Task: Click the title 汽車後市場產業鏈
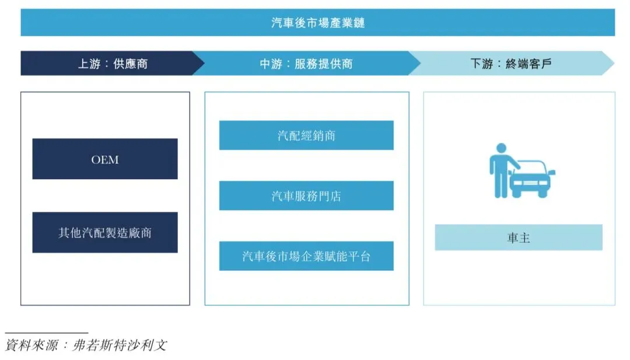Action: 318,23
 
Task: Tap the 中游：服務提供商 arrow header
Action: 306,64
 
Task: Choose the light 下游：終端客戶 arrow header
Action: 511,64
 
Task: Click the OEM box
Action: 105,159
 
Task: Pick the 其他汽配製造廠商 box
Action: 105,232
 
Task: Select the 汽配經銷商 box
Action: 306,135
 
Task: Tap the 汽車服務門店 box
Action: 306,195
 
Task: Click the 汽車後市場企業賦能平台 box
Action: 306,256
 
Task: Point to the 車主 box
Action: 519,237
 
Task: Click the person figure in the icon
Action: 499,172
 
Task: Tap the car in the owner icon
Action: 531,180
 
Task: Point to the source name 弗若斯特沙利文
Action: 120,345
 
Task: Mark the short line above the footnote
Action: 47,333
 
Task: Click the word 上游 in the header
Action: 90,64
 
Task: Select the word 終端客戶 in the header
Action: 528,64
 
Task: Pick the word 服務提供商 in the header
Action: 324,64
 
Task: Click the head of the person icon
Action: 501,148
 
